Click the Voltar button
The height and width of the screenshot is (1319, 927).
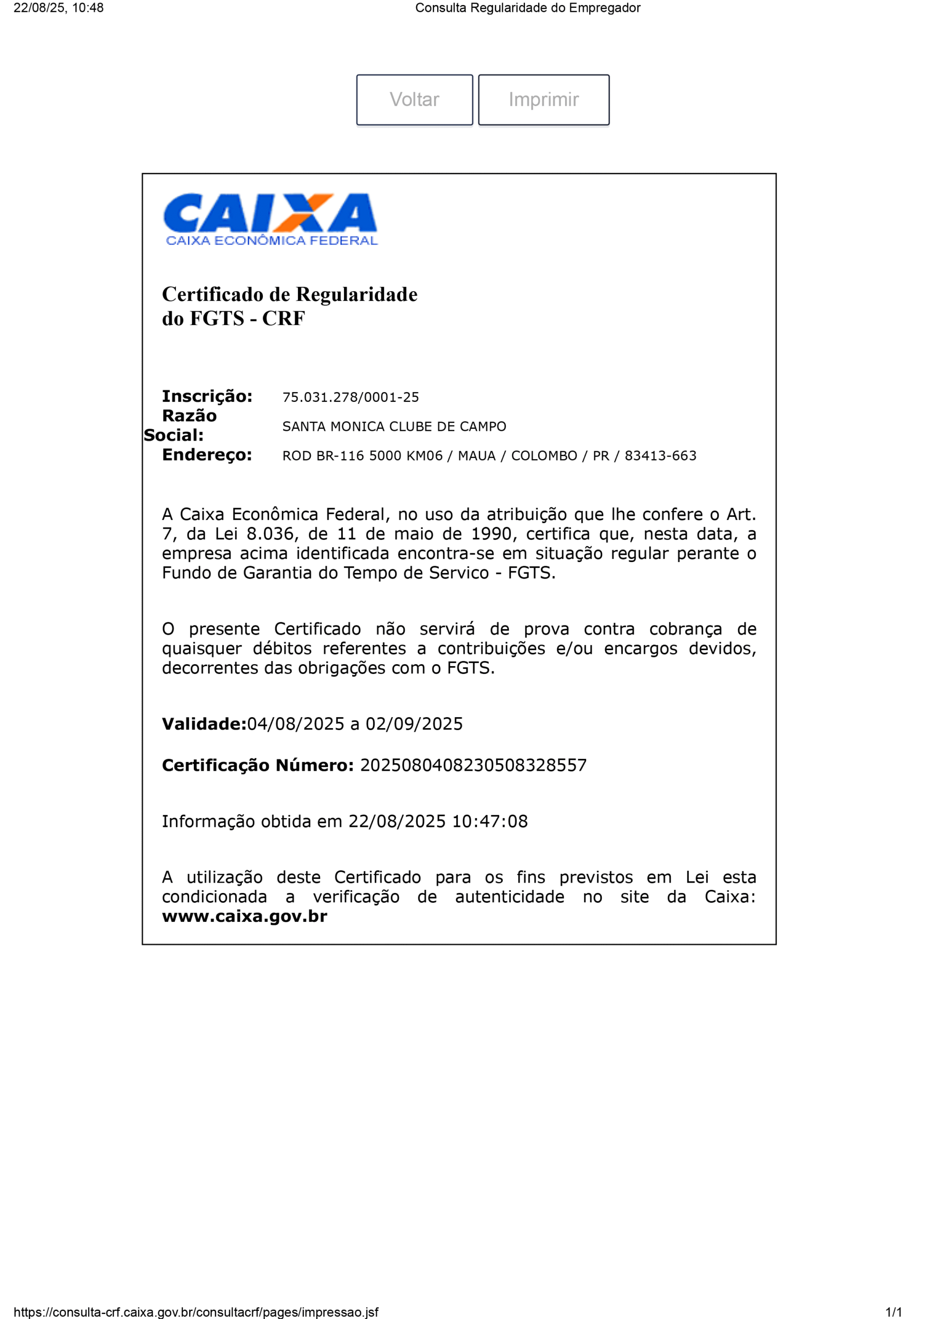point(415,100)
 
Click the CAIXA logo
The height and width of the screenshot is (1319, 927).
point(270,219)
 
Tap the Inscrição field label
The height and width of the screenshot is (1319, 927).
point(207,396)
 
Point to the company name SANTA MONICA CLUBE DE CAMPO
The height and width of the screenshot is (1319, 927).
point(394,427)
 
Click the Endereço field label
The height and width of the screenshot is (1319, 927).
point(207,455)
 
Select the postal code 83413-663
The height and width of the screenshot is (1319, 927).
point(660,456)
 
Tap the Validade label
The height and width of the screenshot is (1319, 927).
point(204,724)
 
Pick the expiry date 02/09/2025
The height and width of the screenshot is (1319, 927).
point(414,724)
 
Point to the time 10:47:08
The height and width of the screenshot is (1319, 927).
point(490,821)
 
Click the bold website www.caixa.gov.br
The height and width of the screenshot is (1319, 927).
point(244,916)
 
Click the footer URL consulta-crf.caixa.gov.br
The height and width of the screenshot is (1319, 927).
point(196,1312)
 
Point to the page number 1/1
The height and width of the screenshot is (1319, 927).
point(893,1312)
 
